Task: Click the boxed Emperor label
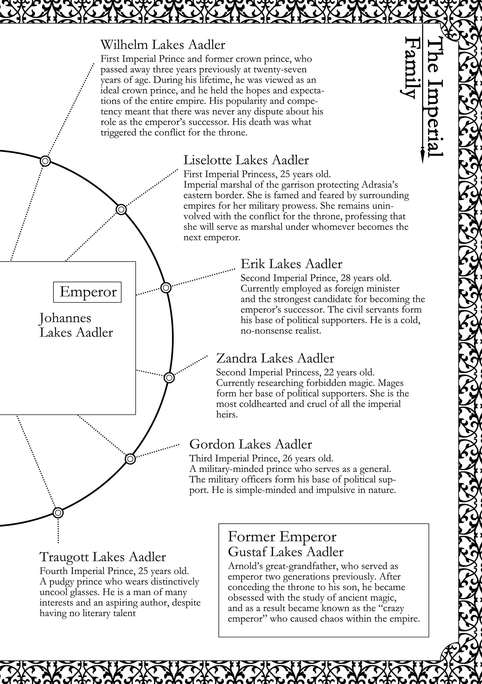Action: (x=88, y=292)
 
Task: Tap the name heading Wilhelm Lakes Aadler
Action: (x=163, y=45)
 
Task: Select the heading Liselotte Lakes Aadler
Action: (x=246, y=160)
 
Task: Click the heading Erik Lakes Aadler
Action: (x=291, y=264)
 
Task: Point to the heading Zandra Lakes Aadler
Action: (x=275, y=358)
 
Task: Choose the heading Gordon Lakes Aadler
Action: (x=251, y=444)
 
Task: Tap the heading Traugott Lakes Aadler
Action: (x=103, y=557)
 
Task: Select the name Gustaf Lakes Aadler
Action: (x=285, y=552)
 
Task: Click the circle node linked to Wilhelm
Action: (x=45, y=161)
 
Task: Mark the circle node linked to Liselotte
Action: (x=121, y=209)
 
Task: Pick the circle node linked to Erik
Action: (x=166, y=287)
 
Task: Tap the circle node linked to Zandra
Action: (x=169, y=378)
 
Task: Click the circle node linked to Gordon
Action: (x=130, y=459)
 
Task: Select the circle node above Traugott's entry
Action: (x=58, y=512)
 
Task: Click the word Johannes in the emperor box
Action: (x=65, y=318)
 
